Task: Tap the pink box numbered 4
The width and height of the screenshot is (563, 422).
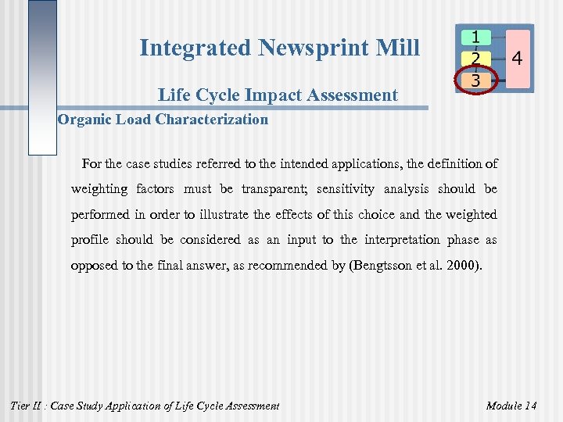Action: coord(517,58)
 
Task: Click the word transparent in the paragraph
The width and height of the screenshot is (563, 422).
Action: coord(273,189)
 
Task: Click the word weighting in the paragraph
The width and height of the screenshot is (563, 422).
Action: coord(99,189)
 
